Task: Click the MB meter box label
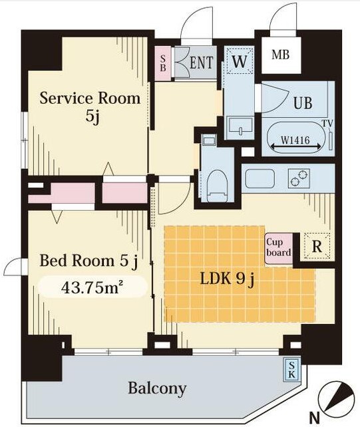click(280, 55)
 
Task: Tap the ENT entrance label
click(201, 63)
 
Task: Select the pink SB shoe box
click(163, 64)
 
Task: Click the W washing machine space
click(240, 61)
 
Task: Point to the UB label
click(303, 103)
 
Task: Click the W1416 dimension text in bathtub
click(295, 140)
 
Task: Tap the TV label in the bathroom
click(328, 124)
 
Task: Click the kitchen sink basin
click(260, 178)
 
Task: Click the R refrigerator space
click(317, 246)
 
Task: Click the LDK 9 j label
click(228, 279)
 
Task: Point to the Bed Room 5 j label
click(89, 261)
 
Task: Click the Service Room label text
click(90, 98)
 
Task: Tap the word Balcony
click(157, 388)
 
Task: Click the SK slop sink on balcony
click(291, 369)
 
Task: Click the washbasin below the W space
click(240, 126)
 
